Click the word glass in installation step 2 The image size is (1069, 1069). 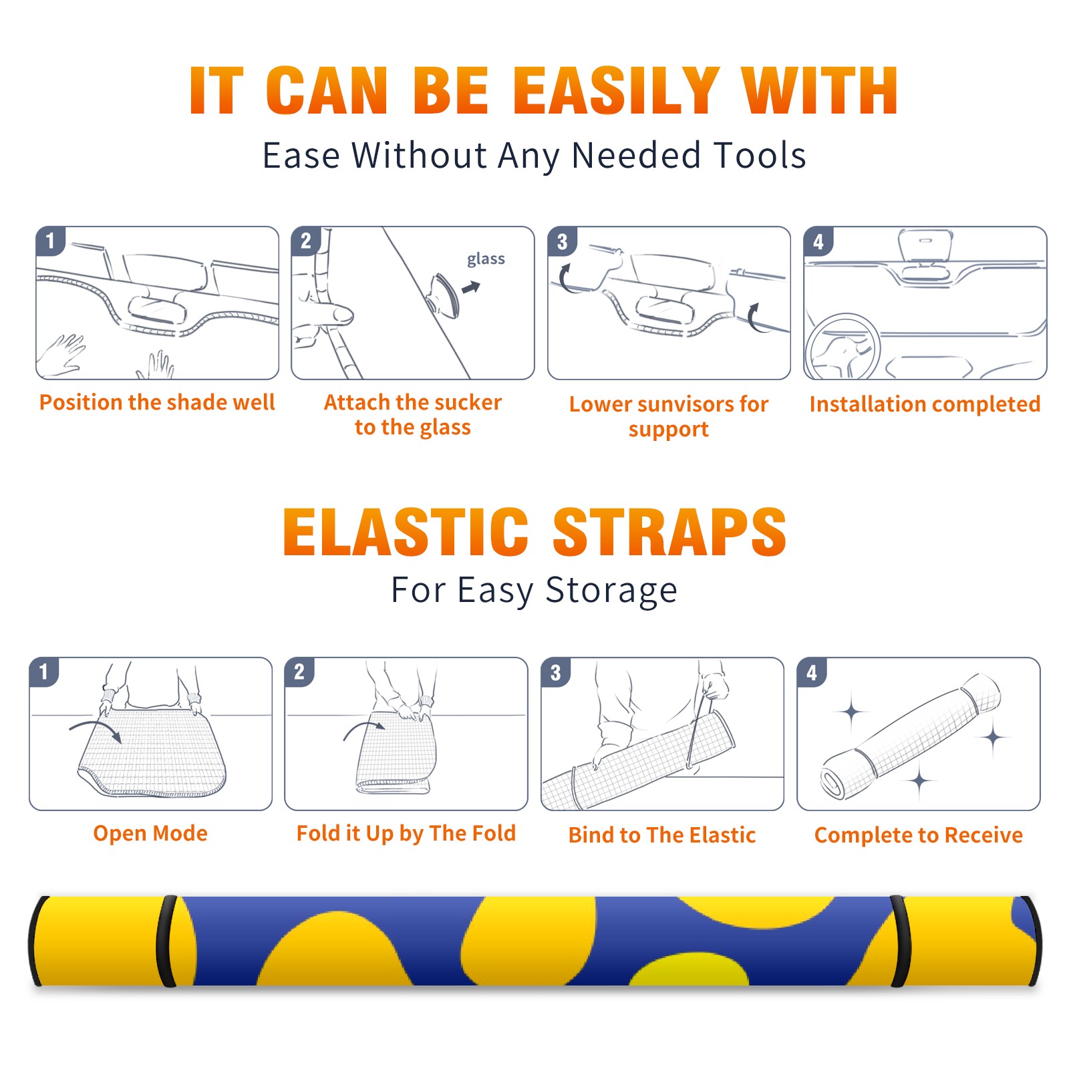pos(486,259)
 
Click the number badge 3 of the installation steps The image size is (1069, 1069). pos(562,241)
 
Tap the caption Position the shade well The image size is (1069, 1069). pos(157,402)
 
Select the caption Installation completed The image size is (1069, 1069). pos(925,404)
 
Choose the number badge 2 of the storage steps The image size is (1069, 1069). pos(299,671)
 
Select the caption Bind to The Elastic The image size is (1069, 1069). pos(662,835)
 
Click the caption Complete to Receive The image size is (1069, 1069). pos(919,835)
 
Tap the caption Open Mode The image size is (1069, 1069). pos(150,833)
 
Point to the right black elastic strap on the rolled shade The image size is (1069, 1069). pos(899,941)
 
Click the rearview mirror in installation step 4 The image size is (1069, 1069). pos(925,246)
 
